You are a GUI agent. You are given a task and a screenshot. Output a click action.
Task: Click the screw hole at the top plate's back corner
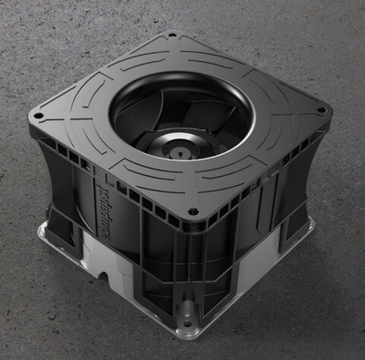172,37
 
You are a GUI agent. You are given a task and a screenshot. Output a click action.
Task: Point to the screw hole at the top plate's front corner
192,215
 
